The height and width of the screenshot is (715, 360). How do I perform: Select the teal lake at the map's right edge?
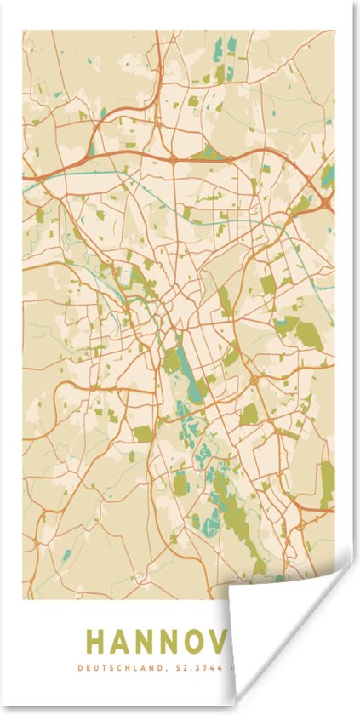329,174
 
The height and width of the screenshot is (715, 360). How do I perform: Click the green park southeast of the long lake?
249,415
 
